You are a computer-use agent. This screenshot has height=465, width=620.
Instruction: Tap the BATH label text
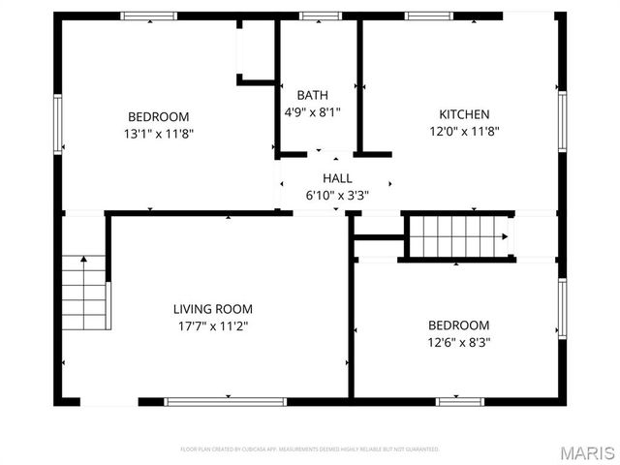(x=312, y=95)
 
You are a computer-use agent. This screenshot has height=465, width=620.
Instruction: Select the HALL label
(x=337, y=178)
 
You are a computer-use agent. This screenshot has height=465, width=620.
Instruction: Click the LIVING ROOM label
(x=212, y=309)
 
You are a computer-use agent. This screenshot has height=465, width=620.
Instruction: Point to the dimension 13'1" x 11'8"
(x=160, y=134)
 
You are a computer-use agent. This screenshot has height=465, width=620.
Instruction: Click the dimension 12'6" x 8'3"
(x=458, y=342)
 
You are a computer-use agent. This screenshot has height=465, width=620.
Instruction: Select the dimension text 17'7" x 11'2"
(x=212, y=326)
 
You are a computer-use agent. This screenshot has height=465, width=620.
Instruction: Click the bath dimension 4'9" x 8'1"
(x=312, y=112)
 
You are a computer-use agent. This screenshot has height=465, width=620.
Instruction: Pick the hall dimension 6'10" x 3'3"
(x=337, y=195)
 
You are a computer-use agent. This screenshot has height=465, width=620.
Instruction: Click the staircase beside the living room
(x=85, y=291)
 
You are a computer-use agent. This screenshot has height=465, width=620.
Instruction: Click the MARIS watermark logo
(x=586, y=452)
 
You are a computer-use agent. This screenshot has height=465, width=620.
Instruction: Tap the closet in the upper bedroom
(x=257, y=48)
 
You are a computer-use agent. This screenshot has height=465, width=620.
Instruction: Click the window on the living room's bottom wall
(x=225, y=400)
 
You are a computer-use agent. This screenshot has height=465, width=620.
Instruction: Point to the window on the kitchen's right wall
(x=562, y=121)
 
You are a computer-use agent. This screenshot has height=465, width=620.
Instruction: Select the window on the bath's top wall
(x=314, y=16)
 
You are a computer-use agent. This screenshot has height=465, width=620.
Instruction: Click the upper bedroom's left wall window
(x=57, y=125)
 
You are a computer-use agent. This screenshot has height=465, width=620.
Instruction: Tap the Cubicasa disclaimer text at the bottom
(x=310, y=449)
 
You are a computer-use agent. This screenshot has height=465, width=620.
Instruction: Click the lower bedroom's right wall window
(x=562, y=308)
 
